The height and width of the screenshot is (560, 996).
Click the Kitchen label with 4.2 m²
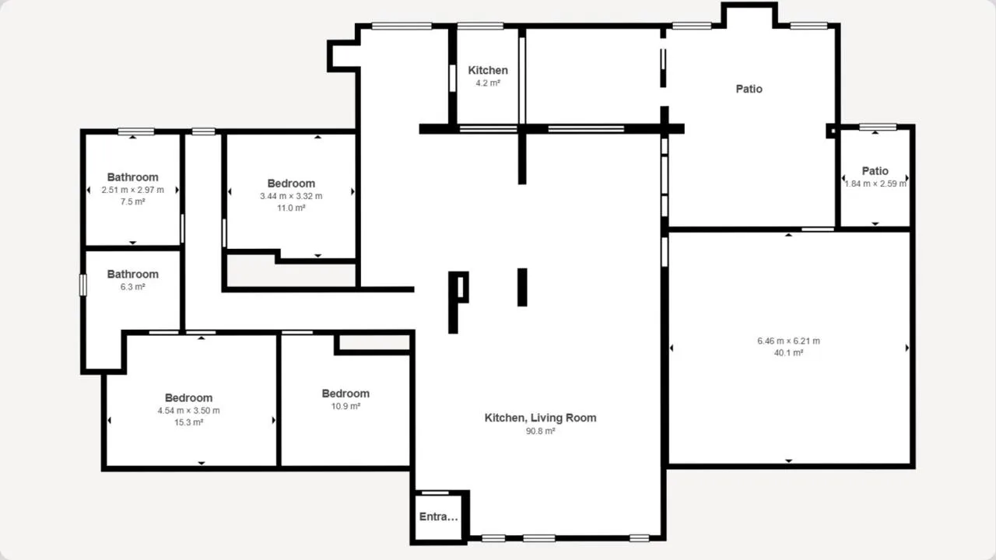tap(488, 70)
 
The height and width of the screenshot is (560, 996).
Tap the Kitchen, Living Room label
tap(540, 418)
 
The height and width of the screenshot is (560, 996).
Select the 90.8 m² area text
tap(540, 431)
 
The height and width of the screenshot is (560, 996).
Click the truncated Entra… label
tap(438, 516)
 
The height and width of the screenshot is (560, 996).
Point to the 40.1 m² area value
tap(788, 353)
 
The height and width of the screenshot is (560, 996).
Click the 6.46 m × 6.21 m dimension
tap(788, 341)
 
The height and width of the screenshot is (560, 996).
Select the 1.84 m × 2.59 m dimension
tap(875, 184)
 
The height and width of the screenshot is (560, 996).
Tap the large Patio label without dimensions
tap(749, 89)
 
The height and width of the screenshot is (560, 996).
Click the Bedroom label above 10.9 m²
tap(345, 394)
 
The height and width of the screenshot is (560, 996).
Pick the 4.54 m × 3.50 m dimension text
tap(188, 410)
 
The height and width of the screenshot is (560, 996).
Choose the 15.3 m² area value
tap(188, 422)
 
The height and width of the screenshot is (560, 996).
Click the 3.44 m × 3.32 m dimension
tap(291, 196)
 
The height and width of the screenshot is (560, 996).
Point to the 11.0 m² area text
tap(291, 208)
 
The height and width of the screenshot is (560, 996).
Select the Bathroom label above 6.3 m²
tap(132, 275)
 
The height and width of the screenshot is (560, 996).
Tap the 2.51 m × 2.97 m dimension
tap(132, 190)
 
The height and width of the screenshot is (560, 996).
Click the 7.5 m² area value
tap(132, 201)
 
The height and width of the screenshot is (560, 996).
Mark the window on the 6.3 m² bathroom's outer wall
tap(83, 285)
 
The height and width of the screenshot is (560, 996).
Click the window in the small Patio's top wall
tap(878, 128)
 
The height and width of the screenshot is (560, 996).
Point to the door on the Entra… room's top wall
tap(435, 492)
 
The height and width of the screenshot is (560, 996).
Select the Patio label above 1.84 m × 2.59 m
tap(875, 171)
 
